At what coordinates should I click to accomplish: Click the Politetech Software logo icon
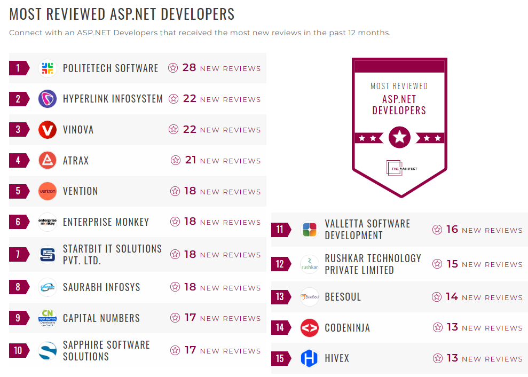48,68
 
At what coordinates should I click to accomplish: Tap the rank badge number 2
18,99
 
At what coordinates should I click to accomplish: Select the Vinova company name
78,130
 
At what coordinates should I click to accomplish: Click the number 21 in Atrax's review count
191,160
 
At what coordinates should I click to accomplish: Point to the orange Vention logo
48,191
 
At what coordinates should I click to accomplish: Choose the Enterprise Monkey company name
106,222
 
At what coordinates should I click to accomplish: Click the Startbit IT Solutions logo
48,255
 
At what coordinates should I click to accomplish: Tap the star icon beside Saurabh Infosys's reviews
175,287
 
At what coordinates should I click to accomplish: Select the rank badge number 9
18,318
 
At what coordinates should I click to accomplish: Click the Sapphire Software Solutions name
106,351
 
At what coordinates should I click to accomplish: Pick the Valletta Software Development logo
310,230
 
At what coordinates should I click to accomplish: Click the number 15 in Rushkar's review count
452,264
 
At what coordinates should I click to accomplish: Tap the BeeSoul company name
343,297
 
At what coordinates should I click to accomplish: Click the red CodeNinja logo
310,328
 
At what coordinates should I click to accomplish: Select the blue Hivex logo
310,358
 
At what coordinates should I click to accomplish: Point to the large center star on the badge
399,138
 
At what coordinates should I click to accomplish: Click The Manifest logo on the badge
399,168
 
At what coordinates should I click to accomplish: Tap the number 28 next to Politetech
189,68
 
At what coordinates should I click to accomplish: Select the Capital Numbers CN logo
48,318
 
